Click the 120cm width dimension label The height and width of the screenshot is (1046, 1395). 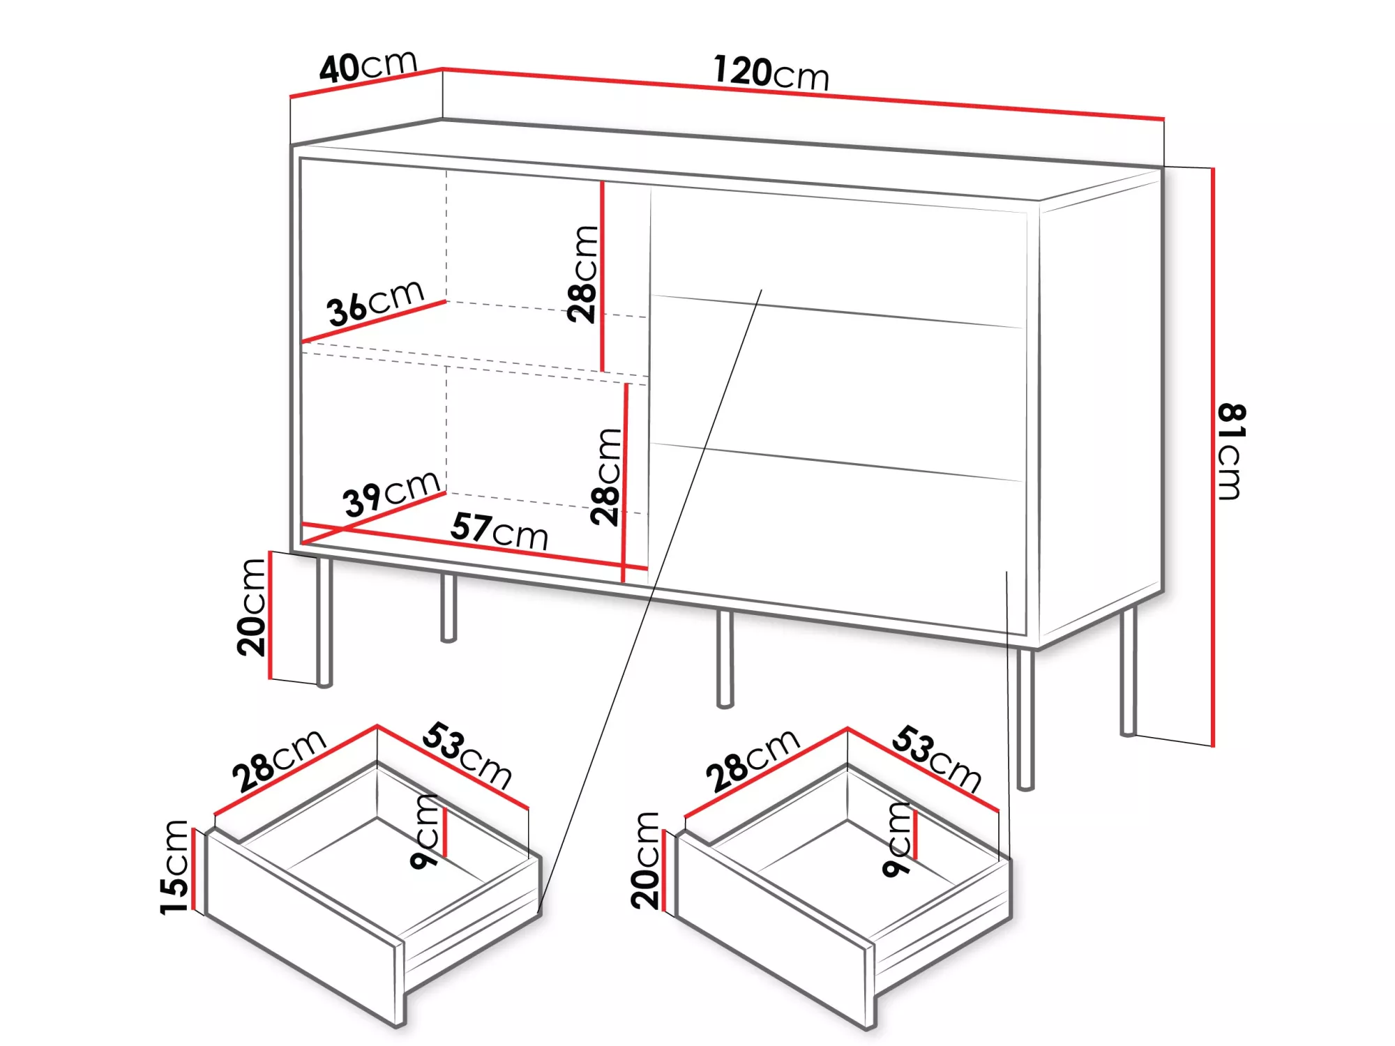[771, 73]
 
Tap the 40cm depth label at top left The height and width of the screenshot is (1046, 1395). [368, 66]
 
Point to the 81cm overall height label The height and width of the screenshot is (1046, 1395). [1230, 451]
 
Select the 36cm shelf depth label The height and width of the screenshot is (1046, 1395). [376, 303]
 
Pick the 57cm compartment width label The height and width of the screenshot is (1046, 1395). [499, 531]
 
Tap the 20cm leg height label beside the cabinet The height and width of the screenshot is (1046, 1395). [252, 607]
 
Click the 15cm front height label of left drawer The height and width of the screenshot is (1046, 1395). [174, 867]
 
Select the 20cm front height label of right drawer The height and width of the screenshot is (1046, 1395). [645, 861]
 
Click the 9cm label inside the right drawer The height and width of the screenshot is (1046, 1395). [897, 840]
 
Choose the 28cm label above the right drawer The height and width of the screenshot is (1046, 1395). [753, 760]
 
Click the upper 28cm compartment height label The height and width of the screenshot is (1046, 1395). [583, 274]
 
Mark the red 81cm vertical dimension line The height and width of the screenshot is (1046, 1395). [1213, 457]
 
